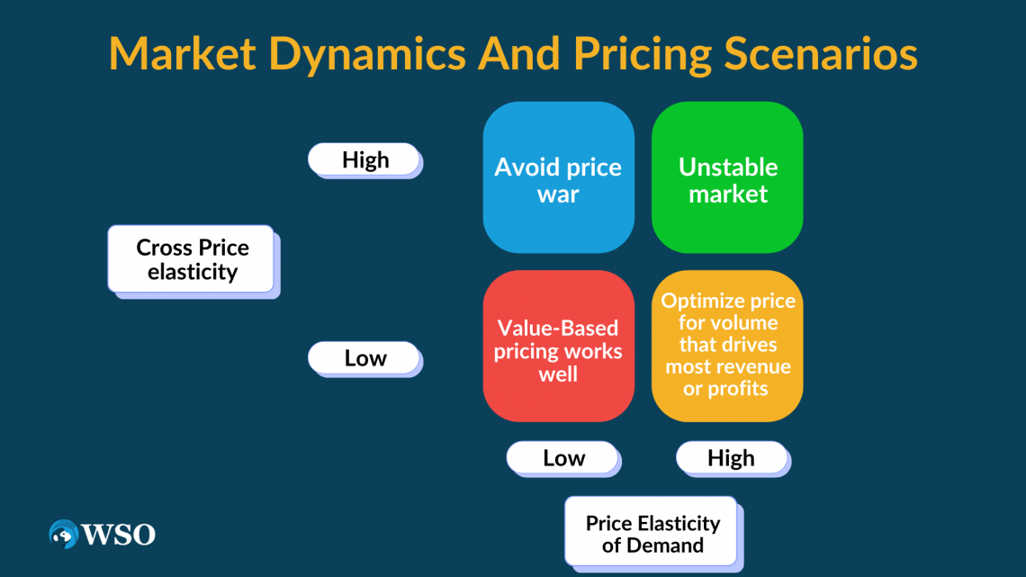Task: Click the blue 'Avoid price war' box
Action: (x=559, y=177)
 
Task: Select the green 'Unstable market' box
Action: (x=727, y=177)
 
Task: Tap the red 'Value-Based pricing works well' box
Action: (x=559, y=346)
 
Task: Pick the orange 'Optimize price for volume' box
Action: (x=727, y=346)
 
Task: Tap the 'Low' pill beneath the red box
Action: (x=562, y=457)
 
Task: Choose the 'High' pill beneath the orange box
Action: (x=732, y=457)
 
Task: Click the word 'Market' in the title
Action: (x=182, y=54)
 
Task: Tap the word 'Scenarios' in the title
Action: (x=821, y=54)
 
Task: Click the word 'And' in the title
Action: (x=519, y=54)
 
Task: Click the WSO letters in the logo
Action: (x=119, y=535)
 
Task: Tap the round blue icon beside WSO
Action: (x=64, y=534)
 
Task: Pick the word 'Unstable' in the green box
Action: (x=727, y=167)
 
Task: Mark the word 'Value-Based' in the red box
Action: (x=558, y=328)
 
